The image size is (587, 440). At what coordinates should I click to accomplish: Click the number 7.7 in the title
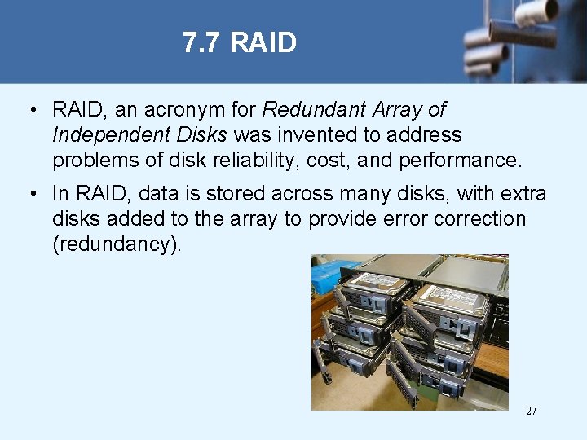202,42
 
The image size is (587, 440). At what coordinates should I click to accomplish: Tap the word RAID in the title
263,42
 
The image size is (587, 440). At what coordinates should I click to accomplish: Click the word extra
523,194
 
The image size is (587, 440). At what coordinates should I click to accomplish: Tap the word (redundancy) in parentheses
117,244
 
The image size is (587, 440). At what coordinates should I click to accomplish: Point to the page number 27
532,411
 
